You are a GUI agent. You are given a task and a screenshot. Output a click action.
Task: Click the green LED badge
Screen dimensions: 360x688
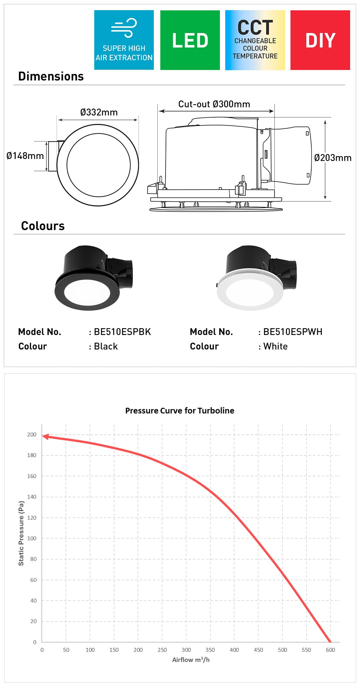tap(190, 40)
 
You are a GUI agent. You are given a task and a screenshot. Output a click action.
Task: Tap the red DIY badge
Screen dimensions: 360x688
tap(320, 40)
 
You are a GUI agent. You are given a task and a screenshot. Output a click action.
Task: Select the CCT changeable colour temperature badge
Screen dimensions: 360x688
tap(255, 40)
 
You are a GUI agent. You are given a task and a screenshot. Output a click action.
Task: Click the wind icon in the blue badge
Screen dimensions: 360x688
tap(124, 28)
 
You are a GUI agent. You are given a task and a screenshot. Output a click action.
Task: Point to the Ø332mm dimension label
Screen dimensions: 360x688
tap(99, 112)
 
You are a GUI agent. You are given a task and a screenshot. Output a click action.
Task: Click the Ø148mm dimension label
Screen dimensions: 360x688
tap(25, 156)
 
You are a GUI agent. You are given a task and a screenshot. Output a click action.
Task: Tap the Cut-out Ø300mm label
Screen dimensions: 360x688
tap(214, 104)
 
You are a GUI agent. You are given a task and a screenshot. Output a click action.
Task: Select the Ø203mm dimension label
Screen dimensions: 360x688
tap(333, 158)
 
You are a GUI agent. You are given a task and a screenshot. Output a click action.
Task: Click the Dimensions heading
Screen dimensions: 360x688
tap(51, 76)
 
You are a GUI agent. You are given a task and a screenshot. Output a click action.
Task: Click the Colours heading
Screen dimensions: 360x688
tap(43, 226)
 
